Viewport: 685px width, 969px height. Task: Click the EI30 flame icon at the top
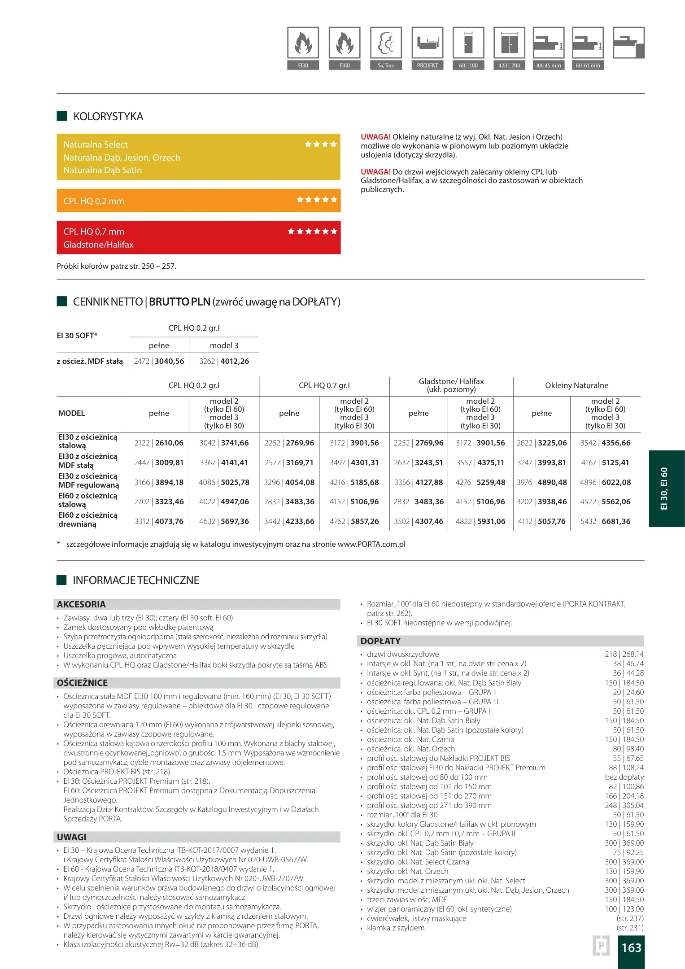[x=303, y=44]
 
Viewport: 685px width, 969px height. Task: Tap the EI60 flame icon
[x=344, y=44]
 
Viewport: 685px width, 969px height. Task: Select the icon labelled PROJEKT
[x=427, y=44]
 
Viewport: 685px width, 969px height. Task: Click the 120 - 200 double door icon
[x=509, y=44]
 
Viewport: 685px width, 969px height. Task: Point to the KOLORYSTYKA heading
[x=108, y=117]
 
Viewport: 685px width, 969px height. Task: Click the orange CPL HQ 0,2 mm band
[x=198, y=201]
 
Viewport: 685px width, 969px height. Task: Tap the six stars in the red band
[x=312, y=231]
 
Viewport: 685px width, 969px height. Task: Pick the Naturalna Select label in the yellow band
[x=96, y=144]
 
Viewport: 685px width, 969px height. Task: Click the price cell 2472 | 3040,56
[x=159, y=361]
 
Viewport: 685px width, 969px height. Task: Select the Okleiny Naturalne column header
[x=576, y=385]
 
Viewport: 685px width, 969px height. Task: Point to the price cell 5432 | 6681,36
[x=605, y=521]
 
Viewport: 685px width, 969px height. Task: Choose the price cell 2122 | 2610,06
[x=159, y=443]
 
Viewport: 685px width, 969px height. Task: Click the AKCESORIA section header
[x=81, y=604]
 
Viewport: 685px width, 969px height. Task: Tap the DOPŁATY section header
[x=380, y=641]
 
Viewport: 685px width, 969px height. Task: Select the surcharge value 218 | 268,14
[x=624, y=654]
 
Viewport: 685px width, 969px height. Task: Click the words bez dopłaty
[x=624, y=777]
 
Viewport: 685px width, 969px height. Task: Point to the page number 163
[x=631, y=948]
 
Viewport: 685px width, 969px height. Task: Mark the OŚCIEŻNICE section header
[x=82, y=683]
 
